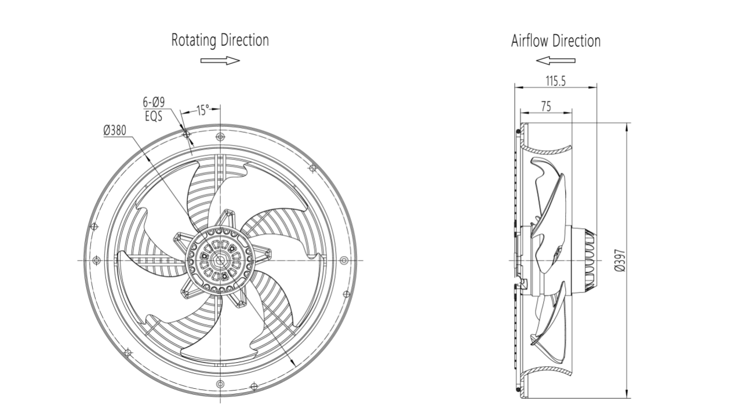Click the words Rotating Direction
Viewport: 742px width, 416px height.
click(x=220, y=41)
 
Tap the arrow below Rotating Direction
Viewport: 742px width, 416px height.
click(x=220, y=60)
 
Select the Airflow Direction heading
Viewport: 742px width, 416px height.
click(x=555, y=41)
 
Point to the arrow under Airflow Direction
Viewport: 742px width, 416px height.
click(x=555, y=60)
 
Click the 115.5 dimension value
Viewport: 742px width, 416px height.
click(x=555, y=81)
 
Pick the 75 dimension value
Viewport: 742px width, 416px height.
click(x=545, y=106)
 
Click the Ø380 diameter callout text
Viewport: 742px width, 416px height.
click(x=115, y=131)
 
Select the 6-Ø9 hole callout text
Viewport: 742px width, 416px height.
click(x=154, y=103)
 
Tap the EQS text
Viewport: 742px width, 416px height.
click(x=154, y=115)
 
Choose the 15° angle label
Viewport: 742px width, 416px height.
click(x=202, y=111)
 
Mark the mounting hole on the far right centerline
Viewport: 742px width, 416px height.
click(x=344, y=261)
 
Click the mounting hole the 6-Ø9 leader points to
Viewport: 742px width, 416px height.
click(x=187, y=134)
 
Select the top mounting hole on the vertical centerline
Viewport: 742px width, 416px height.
click(x=220, y=137)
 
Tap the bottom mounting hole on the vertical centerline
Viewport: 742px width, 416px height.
click(x=220, y=384)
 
